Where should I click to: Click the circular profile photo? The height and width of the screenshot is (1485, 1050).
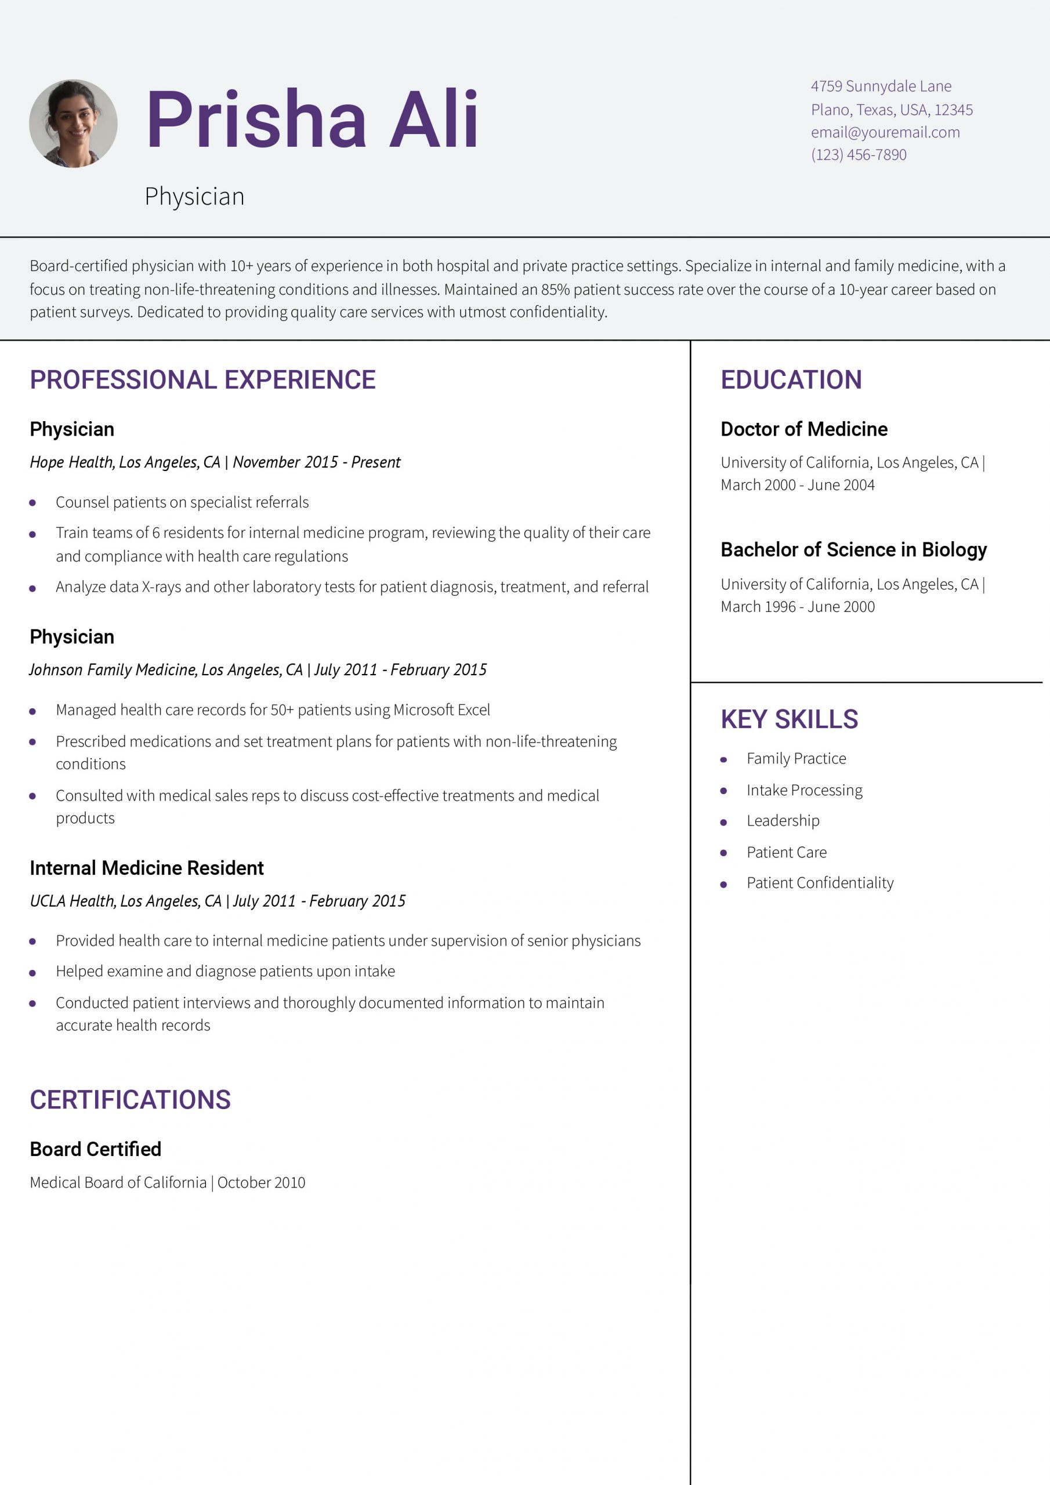73,124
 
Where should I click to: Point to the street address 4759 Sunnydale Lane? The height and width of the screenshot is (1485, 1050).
881,86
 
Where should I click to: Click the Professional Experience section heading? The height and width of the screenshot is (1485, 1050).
202,379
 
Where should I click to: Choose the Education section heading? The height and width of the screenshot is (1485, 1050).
791,379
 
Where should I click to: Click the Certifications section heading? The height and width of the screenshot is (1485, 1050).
130,1099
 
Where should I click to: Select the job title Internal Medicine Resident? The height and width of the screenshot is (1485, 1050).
146,868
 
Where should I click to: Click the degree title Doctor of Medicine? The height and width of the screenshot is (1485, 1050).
803,429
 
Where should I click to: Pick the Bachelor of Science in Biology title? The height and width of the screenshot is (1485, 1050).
853,550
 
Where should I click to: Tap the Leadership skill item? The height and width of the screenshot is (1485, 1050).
783,821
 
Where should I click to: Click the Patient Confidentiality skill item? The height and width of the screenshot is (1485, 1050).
820,883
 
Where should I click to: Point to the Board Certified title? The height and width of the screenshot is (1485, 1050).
95,1149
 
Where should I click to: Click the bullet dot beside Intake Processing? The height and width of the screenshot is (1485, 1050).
723,791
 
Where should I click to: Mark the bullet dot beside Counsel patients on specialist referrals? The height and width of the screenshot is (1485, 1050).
32,502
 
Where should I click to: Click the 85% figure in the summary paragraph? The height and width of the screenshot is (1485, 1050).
555,289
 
